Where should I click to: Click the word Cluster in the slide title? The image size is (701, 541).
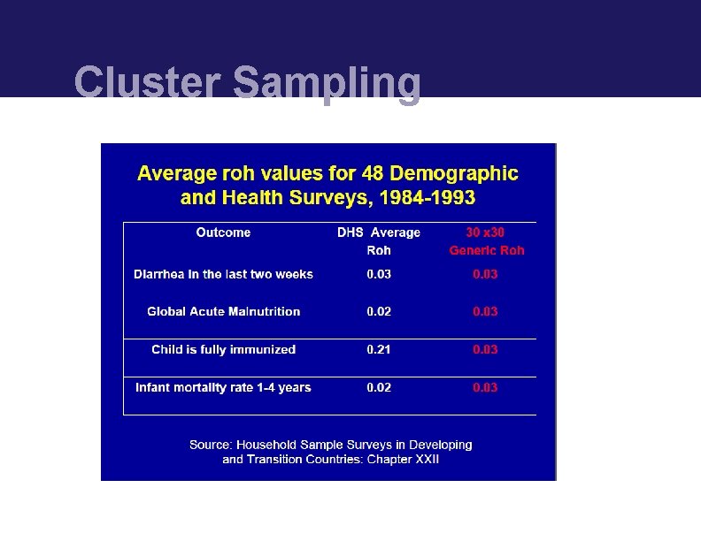[x=147, y=82]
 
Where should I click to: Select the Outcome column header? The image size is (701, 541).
[x=223, y=232]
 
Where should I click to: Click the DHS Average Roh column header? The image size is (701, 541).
[x=379, y=240]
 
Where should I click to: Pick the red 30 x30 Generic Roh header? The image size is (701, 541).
[x=486, y=240]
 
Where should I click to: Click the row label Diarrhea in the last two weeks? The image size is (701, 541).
[x=223, y=274]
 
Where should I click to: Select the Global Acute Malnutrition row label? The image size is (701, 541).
[x=223, y=311]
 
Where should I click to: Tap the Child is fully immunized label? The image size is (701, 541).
[x=223, y=349]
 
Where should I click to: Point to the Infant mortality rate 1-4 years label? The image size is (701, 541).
[x=223, y=387]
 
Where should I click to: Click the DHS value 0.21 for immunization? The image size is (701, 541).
[x=379, y=349]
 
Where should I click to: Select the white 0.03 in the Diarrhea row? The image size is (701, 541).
[x=379, y=274]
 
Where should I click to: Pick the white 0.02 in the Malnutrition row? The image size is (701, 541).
[x=379, y=311]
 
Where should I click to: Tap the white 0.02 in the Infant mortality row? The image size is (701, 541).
[x=379, y=387]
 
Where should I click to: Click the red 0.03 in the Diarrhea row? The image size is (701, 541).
[x=485, y=274]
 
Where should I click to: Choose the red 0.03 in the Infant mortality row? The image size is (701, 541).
[x=485, y=387]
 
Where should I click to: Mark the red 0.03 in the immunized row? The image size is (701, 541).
[x=485, y=349]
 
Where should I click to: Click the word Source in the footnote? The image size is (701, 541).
[x=210, y=445]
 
